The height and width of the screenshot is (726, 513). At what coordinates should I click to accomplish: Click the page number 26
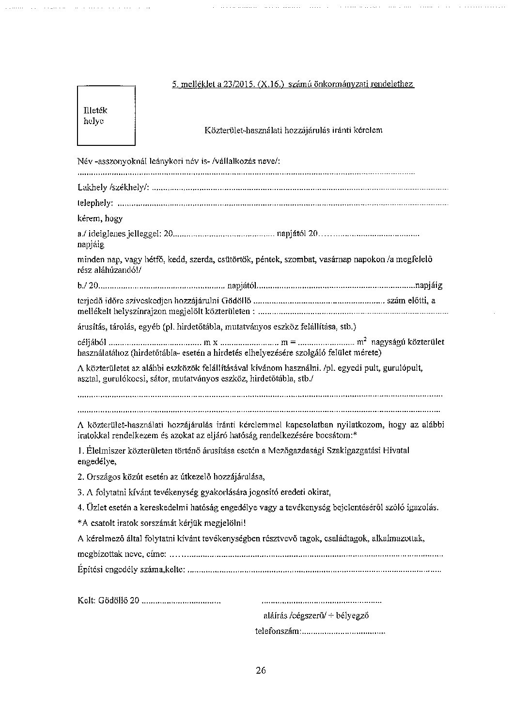coord(261,671)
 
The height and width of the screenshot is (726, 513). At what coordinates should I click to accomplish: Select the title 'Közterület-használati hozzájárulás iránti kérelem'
coord(294,130)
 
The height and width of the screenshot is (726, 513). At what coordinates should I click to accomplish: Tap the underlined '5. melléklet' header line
coord(293,84)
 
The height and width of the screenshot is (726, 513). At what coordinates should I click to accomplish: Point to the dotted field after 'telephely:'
coord(283,204)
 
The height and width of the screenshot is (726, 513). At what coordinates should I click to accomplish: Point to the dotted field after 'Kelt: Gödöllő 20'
coord(182,601)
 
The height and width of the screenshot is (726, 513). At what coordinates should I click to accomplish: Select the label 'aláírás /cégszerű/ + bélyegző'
coord(316,616)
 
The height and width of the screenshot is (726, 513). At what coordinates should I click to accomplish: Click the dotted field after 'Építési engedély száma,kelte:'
coord(314,570)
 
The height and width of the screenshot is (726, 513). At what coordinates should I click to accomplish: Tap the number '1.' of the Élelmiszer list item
coord(80,451)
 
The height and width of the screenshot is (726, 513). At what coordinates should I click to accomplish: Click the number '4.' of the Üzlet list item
coord(80,507)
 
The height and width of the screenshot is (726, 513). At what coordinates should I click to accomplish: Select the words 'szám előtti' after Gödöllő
coord(406,300)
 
